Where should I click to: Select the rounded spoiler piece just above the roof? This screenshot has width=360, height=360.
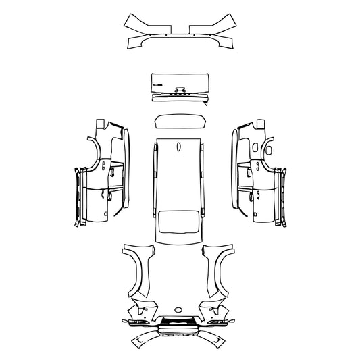pyautogui.click(x=179, y=121)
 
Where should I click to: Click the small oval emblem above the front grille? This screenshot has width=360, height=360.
pyautogui.click(x=180, y=315)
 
